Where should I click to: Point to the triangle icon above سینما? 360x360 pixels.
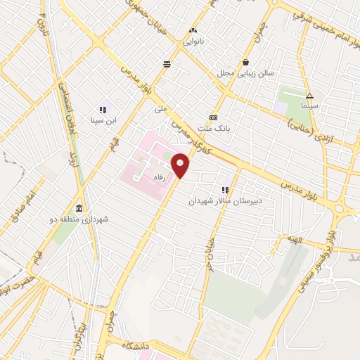point(309,96)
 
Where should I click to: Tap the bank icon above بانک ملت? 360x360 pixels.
point(214,117)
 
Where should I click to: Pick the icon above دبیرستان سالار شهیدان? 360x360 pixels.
point(225,189)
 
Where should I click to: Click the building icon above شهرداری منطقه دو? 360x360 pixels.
point(77,209)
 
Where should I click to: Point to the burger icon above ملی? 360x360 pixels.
point(167,65)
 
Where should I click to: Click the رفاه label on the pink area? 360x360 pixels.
point(166,179)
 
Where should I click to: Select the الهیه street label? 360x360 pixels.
point(293,240)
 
